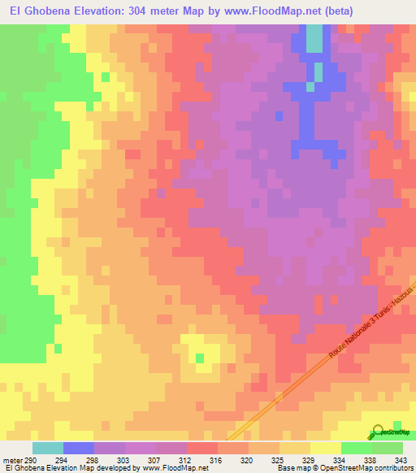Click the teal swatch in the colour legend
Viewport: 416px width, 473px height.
[x=48, y=449]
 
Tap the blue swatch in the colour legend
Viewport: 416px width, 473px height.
[x=79, y=449]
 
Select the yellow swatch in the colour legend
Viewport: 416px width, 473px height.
[x=326, y=449]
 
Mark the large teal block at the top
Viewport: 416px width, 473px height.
[x=313, y=38]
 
